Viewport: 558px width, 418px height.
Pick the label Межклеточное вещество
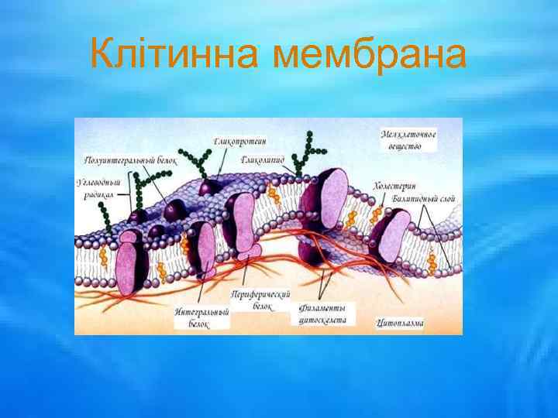[x=409, y=140]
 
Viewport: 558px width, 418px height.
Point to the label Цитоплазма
[x=400, y=321]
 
